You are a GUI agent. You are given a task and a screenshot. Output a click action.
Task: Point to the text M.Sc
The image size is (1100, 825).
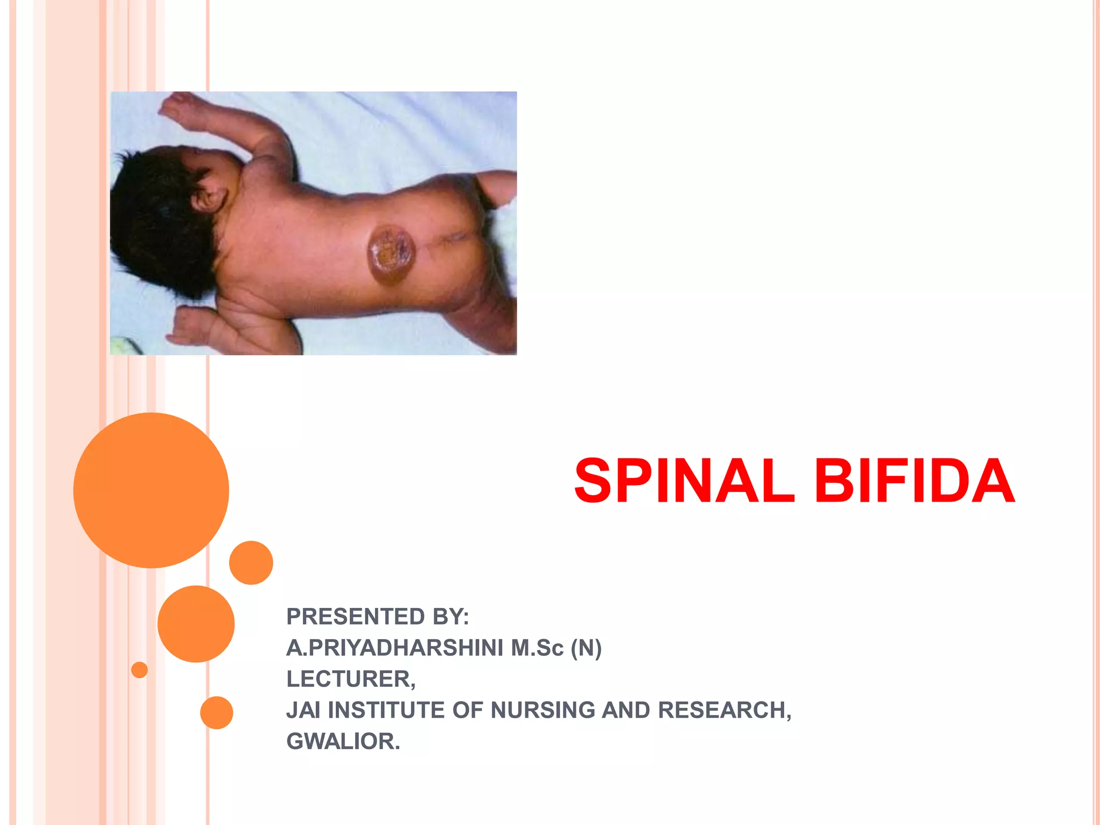(537, 648)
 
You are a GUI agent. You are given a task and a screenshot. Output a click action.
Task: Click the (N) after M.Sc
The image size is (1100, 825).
(586, 648)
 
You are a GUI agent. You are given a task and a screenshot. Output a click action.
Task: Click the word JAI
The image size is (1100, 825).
(303, 710)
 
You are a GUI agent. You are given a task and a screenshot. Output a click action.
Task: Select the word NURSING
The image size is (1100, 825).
(542, 710)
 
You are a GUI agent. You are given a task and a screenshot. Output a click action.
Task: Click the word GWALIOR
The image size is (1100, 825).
(343, 741)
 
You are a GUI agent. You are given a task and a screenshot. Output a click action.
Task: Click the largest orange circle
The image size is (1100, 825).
(151, 490)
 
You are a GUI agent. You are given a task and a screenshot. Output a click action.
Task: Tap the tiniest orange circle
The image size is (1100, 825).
(139, 670)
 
